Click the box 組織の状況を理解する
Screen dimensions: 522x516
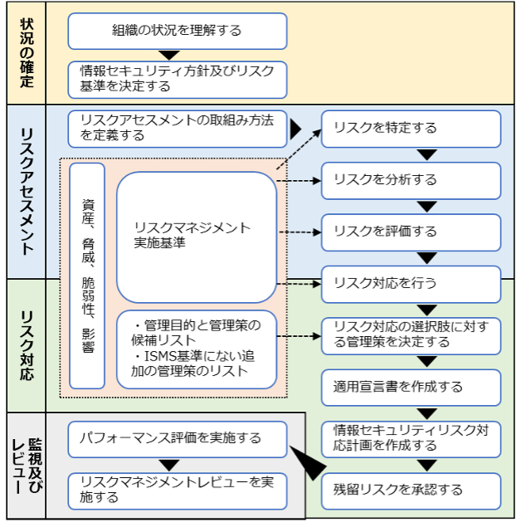(x=177, y=31)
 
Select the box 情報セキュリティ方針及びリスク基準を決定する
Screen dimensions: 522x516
(x=177, y=80)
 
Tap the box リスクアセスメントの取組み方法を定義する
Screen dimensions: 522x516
(x=177, y=128)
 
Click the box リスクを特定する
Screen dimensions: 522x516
(x=411, y=129)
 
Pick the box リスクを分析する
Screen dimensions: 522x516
(x=411, y=180)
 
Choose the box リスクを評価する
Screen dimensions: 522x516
(x=411, y=232)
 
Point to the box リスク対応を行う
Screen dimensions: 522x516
(x=411, y=284)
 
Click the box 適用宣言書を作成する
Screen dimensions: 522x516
(x=411, y=387)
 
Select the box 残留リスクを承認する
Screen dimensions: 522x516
(x=411, y=490)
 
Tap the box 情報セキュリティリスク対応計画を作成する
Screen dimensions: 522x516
(x=411, y=438)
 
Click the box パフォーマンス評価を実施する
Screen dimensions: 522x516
(x=177, y=438)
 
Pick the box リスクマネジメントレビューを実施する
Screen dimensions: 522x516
(x=177, y=490)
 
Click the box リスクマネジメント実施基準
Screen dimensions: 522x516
(x=196, y=237)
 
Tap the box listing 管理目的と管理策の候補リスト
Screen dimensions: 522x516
(x=196, y=349)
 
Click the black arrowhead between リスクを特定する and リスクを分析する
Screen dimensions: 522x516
(x=427, y=154)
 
